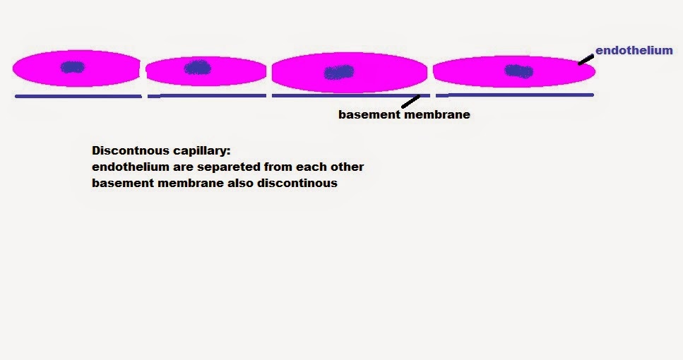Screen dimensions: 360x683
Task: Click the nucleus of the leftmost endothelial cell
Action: (72, 67)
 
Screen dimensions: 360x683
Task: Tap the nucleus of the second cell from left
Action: (197, 68)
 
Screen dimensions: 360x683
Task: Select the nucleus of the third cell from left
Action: (339, 72)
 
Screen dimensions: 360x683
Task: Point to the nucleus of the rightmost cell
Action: (519, 71)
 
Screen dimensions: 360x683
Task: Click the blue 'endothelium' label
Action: (634, 51)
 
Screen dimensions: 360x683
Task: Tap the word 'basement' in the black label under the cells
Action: (368, 114)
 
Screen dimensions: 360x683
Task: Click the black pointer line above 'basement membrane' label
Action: (410, 102)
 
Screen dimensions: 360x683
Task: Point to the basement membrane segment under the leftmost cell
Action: (78, 96)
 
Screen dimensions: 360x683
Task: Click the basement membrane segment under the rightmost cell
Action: (514, 95)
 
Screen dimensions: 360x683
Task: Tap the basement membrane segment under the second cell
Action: (207, 95)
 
